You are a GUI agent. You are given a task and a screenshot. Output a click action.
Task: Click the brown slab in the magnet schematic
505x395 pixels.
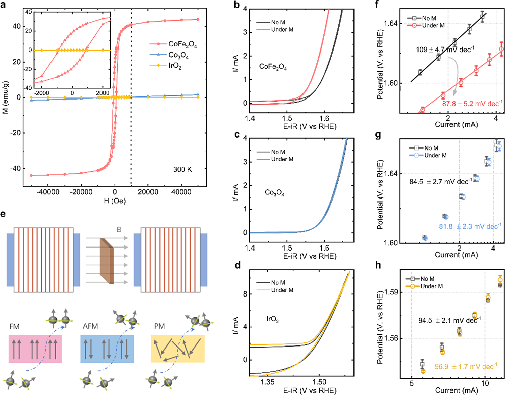(104, 260)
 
